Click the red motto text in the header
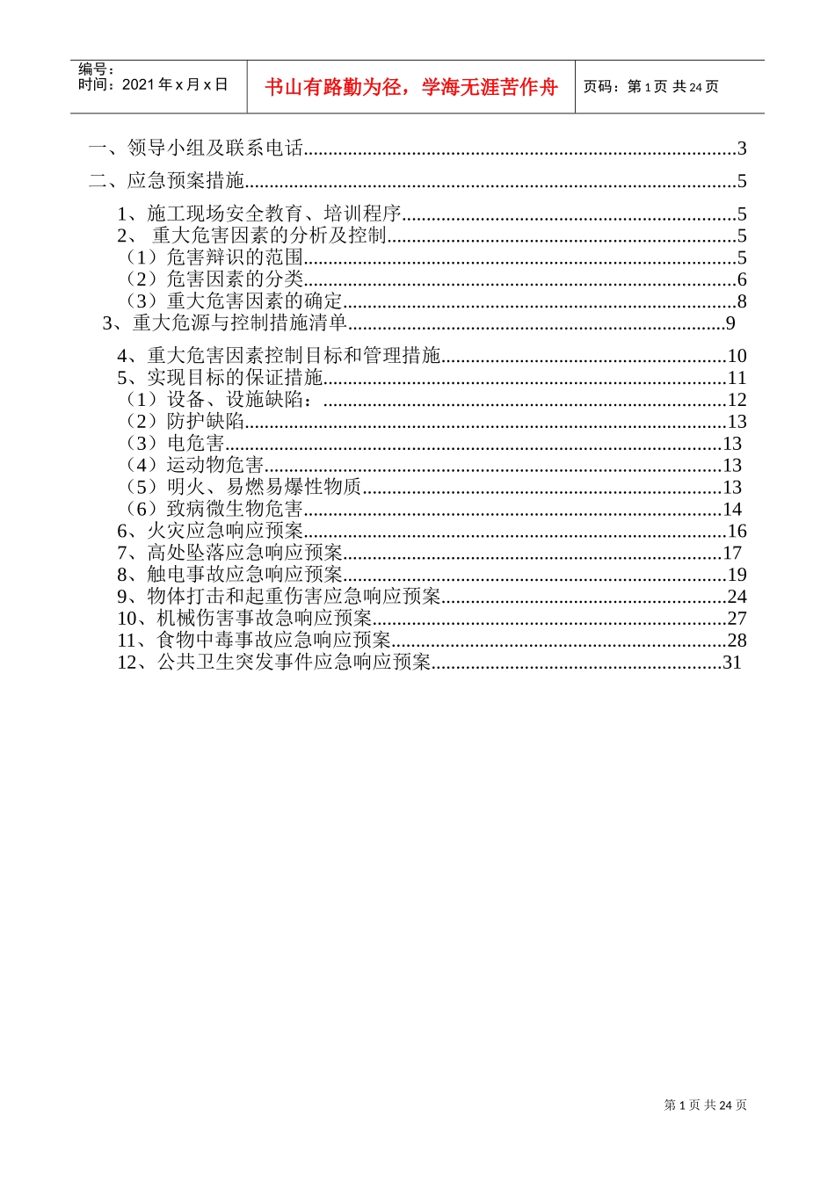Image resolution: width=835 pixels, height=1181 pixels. coord(411,87)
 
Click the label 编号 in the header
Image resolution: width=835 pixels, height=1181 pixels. coord(96,69)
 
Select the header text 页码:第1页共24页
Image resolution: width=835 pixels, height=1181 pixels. coord(651,87)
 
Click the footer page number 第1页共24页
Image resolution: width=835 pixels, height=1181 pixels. coord(705,1105)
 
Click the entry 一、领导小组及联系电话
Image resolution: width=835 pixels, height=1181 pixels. coord(196,149)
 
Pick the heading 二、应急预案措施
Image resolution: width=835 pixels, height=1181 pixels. coord(167,181)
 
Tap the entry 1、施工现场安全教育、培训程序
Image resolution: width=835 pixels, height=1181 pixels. coord(259,214)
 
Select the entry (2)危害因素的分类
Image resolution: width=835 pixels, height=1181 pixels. coord(215,279)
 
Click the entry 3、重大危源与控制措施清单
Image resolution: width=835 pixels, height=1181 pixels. coord(225,323)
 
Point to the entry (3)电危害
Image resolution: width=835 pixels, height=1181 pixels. coord(176,444)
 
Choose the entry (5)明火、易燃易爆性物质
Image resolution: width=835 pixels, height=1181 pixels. coord(244,487)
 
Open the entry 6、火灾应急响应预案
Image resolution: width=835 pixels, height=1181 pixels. coord(210,531)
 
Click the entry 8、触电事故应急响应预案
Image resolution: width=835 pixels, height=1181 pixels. coord(230,575)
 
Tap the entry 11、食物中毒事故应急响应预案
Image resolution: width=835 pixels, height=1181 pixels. coord(254,640)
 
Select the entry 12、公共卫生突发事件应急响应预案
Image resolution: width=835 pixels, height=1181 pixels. coord(274,662)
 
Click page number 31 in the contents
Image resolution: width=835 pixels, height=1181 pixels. coord(732,663)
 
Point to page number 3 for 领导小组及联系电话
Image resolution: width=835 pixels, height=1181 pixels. coord(742,149)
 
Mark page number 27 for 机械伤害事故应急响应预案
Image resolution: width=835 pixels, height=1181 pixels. coord(737,619)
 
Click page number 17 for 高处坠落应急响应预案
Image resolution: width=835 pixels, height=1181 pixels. coord(732,553)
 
